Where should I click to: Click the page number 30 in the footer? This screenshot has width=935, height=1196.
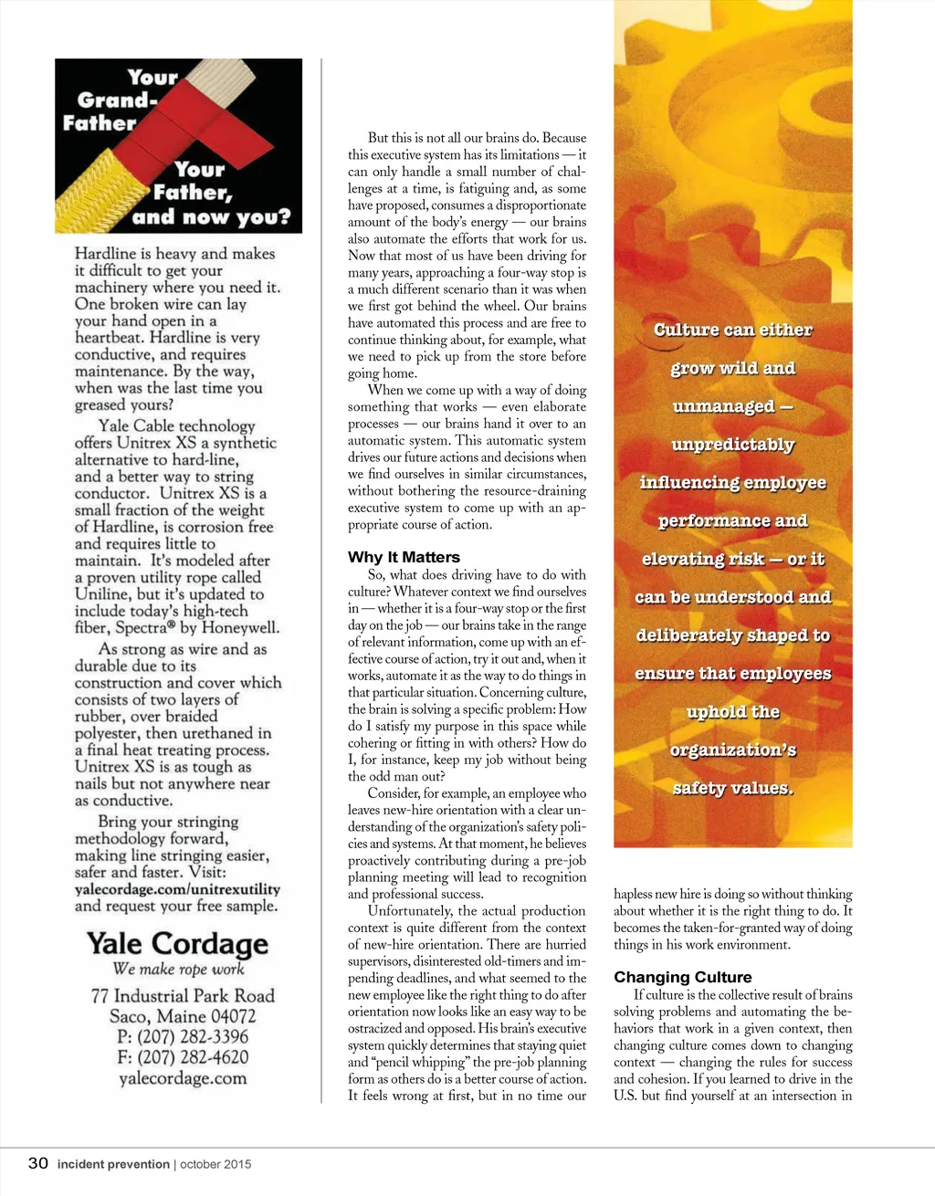pos(37,1163)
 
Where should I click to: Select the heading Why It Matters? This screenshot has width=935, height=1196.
pos(404,557)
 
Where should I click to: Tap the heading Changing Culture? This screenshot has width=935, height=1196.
pos(682,977)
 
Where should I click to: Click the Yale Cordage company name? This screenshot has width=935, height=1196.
pos(177,943)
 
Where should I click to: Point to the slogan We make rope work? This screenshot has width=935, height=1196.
pos(178,969)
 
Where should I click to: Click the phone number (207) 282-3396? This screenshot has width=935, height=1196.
pos(183,1036)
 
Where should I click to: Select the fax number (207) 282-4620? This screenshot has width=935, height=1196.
pos(183,1057)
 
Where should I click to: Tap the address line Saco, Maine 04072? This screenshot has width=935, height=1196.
pos(183,1016)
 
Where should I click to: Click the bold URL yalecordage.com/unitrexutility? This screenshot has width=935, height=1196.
pos(177,889)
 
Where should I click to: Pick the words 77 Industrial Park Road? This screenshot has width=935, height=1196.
pos(183,996)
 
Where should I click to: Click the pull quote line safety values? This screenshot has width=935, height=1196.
pos(732,788)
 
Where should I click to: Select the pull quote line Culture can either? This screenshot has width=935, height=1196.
pos(732,330)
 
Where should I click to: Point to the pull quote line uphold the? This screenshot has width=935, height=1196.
pos(732,711)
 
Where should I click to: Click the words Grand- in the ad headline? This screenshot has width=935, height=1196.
pos(117,100)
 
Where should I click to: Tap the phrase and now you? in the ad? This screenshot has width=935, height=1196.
pos(211,217)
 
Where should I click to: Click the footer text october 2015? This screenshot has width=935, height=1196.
pos(215,1164)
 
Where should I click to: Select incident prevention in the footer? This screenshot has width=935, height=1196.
pos(113,1164)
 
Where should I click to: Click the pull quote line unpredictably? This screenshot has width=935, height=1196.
pos(732,445)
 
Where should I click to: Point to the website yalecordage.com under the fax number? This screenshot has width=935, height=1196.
pos(183,1078)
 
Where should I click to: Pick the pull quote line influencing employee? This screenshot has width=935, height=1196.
pos(732,482)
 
